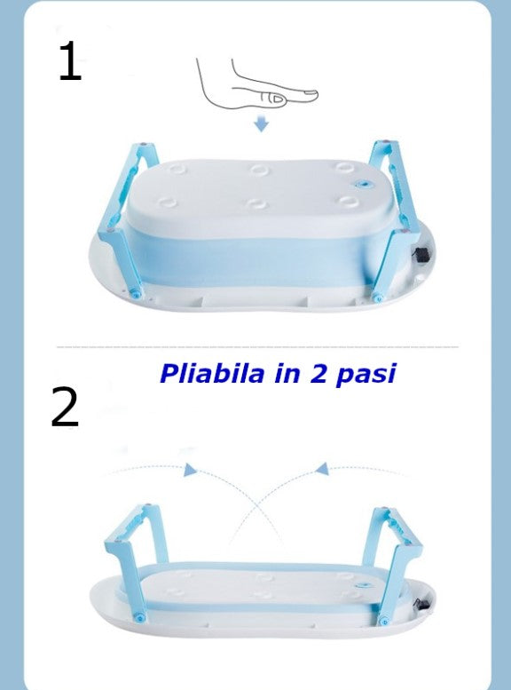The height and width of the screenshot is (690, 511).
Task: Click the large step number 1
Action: (x=69, y=62)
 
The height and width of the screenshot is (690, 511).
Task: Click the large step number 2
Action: (x=65, y=408)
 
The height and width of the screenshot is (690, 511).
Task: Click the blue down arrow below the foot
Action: (x=261, y=124)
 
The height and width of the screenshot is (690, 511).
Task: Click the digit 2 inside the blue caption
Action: (x=320, y=374)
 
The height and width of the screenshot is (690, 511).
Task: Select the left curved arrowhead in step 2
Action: (x=190, y=470)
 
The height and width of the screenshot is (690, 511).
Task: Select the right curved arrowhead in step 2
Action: (x=323, y=469)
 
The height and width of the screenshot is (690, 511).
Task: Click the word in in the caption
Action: (x=287, y=374)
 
